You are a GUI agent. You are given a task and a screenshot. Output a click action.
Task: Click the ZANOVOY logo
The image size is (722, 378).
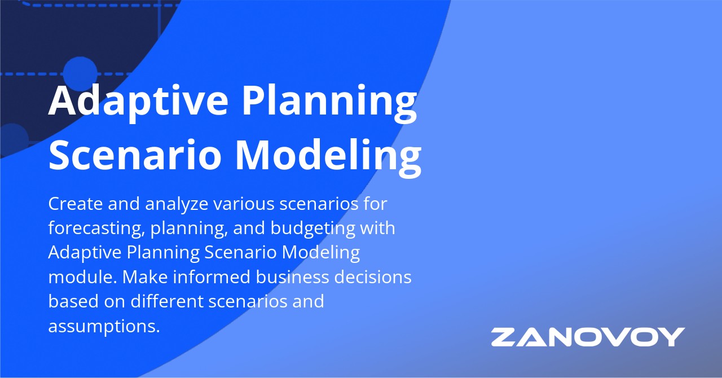coord(588,337)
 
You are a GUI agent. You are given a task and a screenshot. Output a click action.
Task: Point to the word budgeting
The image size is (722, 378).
coord(313,228)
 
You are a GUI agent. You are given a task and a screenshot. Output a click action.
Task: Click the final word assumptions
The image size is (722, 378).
coord(104,326)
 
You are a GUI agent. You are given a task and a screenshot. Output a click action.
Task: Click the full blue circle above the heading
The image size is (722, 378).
coord(80,73)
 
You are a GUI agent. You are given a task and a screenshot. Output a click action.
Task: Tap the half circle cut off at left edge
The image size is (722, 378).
coord(12,139)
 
